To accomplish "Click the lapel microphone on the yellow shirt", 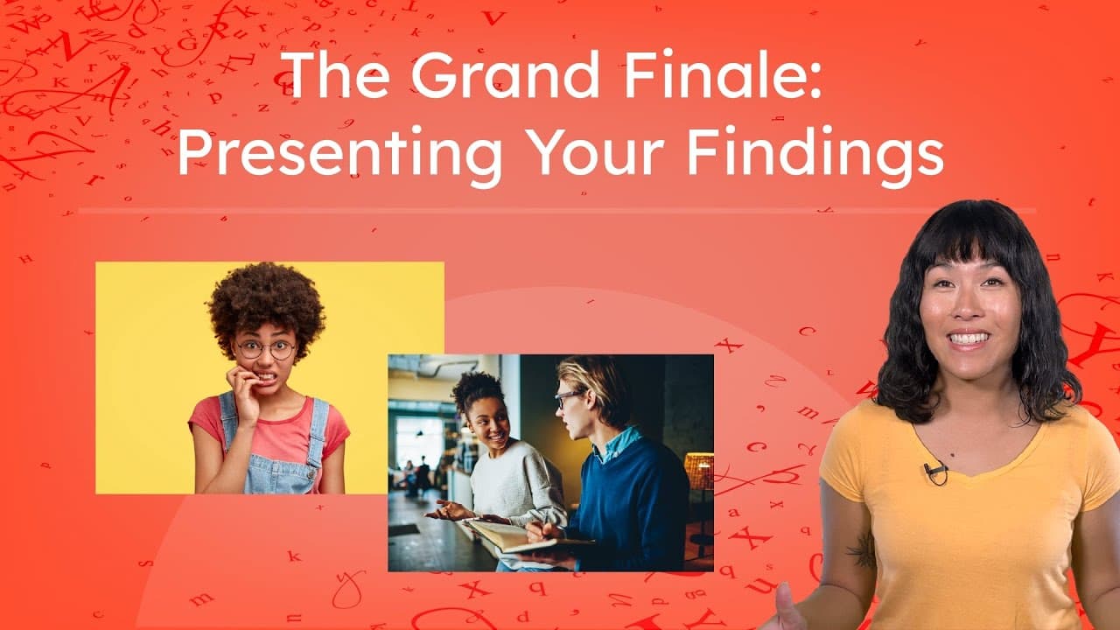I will (x=934, y=472).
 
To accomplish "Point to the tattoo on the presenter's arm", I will (x=862, y=550).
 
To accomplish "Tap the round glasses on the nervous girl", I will (x=264, y=349).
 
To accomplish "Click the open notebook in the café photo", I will (x=503, y=535).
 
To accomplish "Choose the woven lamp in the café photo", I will (x=699, y=472).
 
